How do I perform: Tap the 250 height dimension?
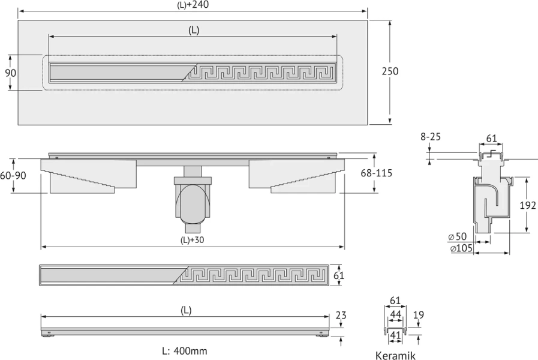[x=390, y=71]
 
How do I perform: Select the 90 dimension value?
[x=10, y=73]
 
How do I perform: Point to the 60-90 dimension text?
[x=13, y=175]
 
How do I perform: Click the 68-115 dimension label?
[x=376, y=173]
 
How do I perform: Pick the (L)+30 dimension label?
[x=192, y=240]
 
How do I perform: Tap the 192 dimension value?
[x=528, y=205]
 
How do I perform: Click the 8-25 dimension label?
[x=431, y=137]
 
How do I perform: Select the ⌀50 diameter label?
[x=458, y=236]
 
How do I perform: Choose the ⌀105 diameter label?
[x=461, y=248]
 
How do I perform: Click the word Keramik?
[x=395, y=356]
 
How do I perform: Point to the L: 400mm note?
[x=185, y=351]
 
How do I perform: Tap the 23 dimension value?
[x=341, y=315]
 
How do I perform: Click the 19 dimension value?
[x=418, y=314]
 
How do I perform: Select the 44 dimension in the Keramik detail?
[x=396, y=314]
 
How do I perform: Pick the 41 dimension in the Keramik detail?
[x=396, y=335]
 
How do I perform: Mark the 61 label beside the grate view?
[x=339, y=275]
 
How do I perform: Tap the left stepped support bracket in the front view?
[x=89, y=176]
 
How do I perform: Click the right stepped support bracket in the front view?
[x=296, y=176]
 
